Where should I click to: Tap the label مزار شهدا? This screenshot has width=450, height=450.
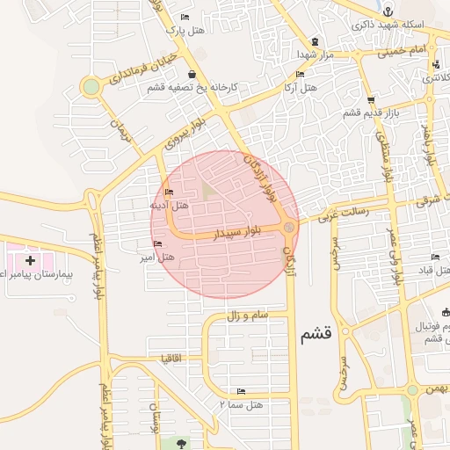[293, 54]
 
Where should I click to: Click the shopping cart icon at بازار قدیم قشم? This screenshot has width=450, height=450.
[371, 99]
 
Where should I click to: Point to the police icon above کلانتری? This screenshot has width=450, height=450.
[436, 64]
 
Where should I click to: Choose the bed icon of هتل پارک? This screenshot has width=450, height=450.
[184, 18]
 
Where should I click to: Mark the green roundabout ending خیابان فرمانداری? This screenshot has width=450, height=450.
[91, 86]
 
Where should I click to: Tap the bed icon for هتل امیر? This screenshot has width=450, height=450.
[157, 243]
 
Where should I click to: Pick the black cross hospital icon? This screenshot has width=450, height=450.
[31, 260]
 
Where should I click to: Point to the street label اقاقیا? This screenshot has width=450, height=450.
[171, 359]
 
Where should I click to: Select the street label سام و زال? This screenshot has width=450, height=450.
[247, 315]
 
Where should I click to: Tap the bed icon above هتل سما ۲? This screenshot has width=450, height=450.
[241, 391]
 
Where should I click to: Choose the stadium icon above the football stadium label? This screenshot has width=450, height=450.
[445, 312]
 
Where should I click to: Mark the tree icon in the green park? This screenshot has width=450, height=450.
[182, 443]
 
